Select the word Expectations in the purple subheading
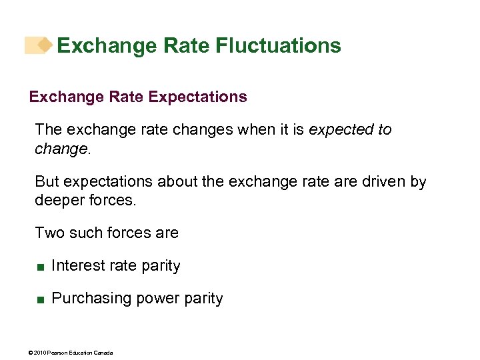197,97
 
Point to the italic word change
61,148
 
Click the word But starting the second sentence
47,182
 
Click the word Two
47,233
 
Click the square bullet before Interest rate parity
41,267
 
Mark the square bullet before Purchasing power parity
41,300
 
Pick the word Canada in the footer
103,352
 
